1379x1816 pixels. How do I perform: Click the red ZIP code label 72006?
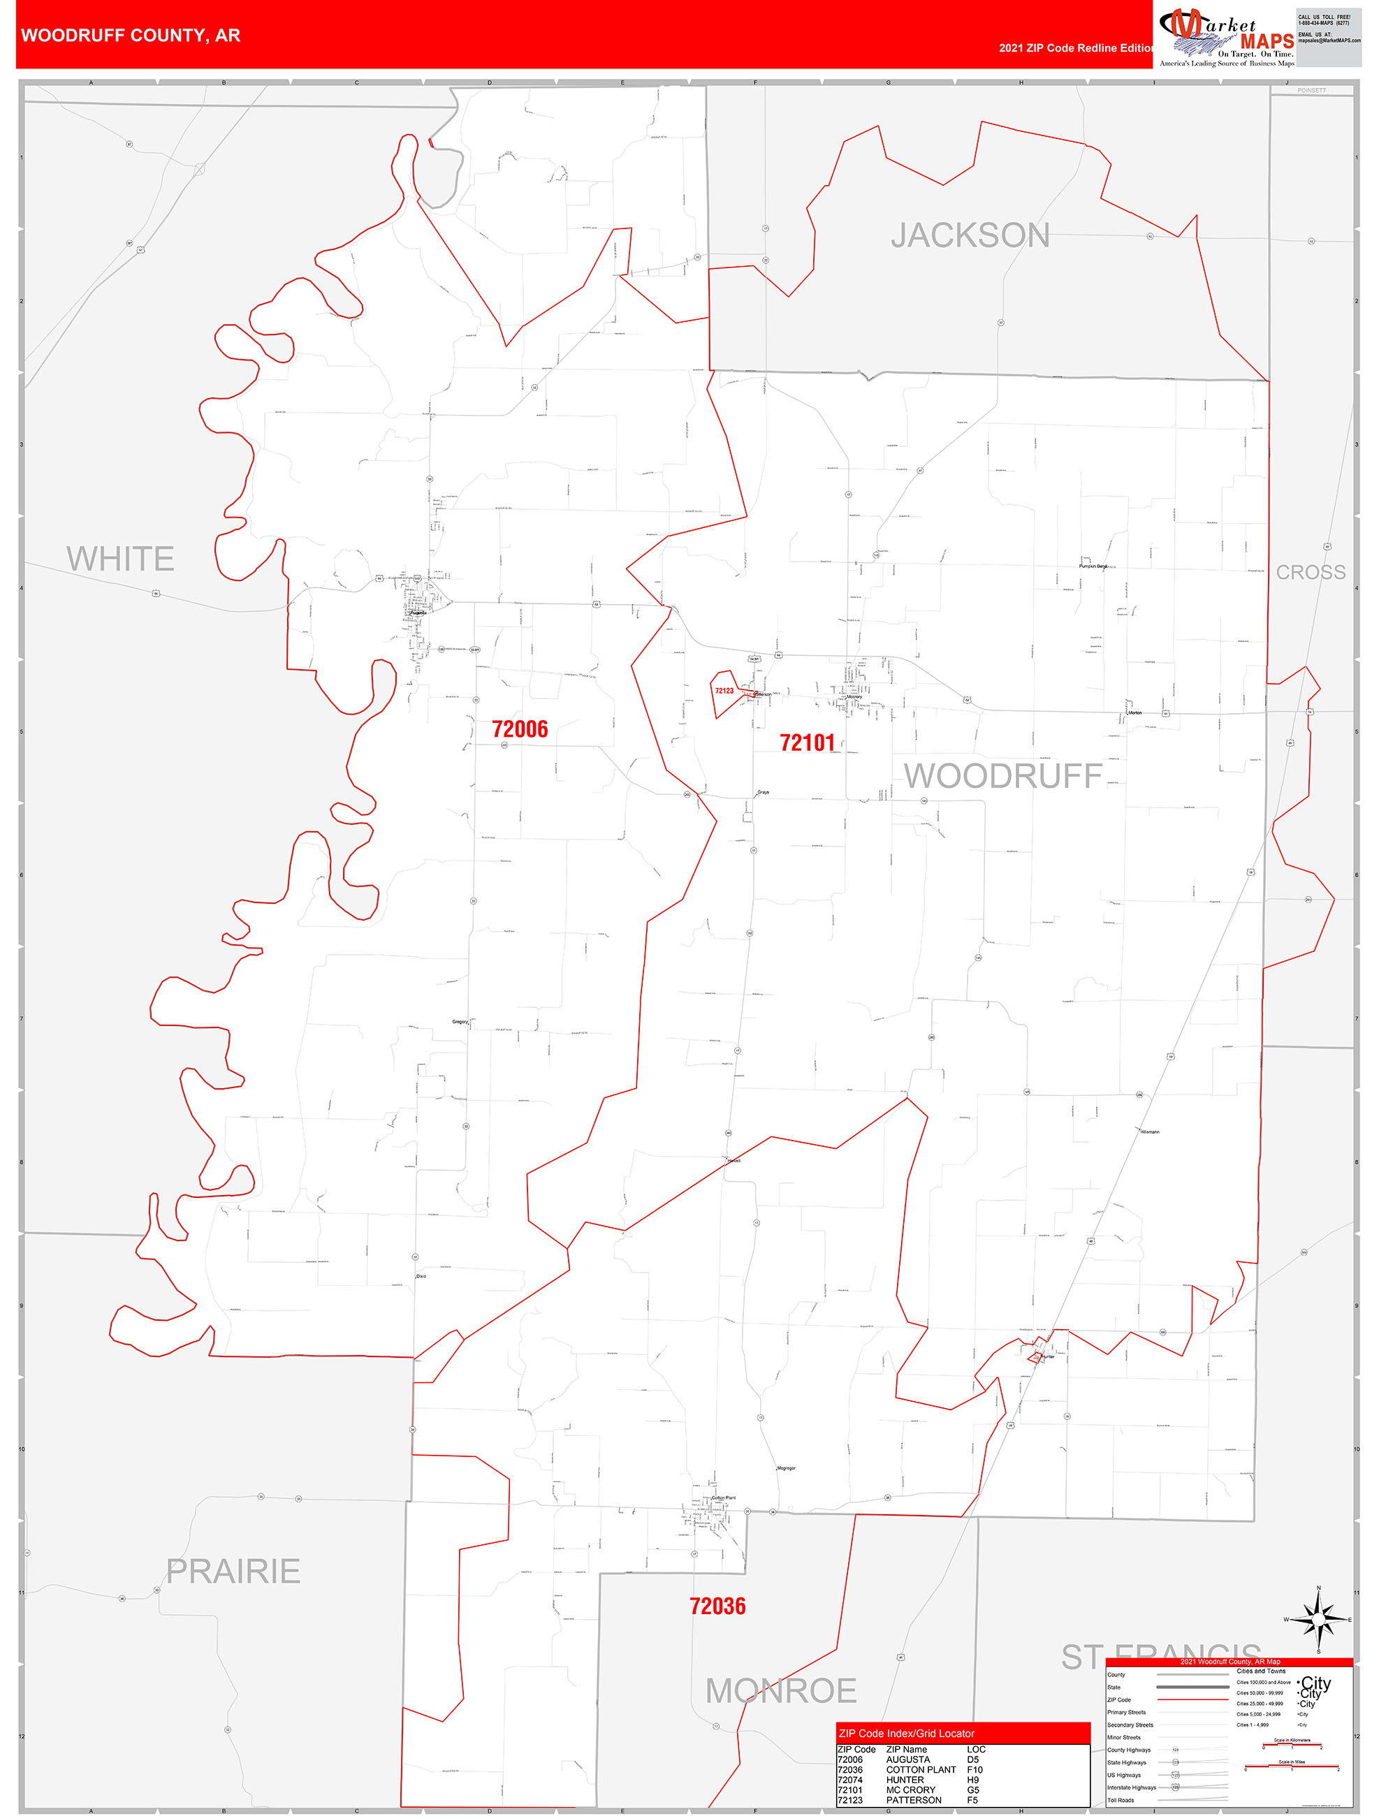click(519, 729)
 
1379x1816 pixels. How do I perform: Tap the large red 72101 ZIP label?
click(807, 743)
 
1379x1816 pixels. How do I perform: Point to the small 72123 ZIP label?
click(724, 691)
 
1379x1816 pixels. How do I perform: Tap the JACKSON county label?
click(970, 235)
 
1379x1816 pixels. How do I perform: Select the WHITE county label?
click(120, 559)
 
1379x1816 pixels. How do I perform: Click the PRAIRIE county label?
click(233, 1572)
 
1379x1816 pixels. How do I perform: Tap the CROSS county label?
click(1310, 572)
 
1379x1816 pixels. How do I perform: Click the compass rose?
click(1318, 1620)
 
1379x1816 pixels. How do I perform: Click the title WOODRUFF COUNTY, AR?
click(131, 36)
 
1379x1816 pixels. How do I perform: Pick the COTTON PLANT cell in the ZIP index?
click(921, 1769)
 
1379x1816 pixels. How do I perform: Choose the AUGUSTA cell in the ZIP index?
click(907, 1759)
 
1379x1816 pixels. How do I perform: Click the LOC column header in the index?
click(976, 1750)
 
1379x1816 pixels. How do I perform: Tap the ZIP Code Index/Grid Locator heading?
click(906, 1733)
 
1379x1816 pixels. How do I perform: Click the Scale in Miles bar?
click(1292, 1766)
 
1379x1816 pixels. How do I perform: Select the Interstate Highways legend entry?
click(1131, 1787)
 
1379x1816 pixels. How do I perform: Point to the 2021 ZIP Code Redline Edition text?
click(1076, 47)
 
